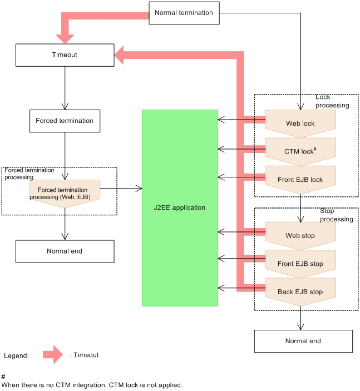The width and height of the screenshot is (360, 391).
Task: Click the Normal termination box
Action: point(184,13)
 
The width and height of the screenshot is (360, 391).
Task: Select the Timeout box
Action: point(65,55)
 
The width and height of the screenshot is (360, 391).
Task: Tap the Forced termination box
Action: point(65,121)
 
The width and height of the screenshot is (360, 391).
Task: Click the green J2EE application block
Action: point(180,207)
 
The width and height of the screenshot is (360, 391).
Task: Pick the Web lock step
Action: point(300,123)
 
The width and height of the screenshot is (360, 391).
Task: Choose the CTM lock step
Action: point(300,151)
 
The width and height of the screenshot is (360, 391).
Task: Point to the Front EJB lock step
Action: point(300,180)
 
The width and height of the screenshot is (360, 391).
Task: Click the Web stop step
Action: point(300,235)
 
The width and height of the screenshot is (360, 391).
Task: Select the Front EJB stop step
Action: point(300,264)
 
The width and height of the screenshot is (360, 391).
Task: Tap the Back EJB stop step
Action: point(300,291)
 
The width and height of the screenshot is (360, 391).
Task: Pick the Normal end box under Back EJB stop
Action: point(303,341)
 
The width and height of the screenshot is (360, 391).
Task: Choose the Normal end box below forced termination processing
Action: point(65,251)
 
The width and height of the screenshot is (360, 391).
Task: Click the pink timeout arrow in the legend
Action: point(53,355)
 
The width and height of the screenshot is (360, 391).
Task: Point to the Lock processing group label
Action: point(332,101)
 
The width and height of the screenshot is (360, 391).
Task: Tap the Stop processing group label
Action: point(336,215)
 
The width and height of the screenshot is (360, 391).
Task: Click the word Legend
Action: point(16,356)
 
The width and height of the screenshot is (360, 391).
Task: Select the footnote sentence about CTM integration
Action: point(92,385)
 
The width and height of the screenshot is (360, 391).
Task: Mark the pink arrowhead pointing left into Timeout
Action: point(121,55)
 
